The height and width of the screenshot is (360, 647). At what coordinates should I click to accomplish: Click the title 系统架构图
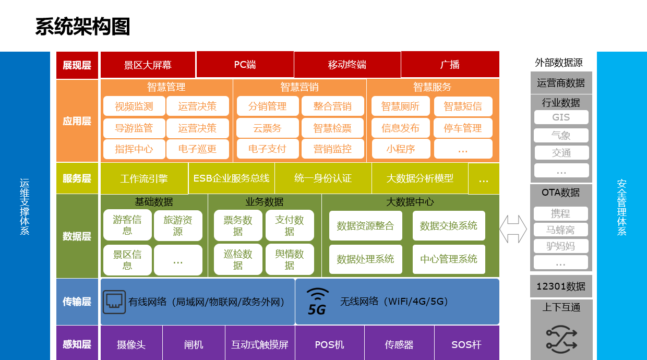coord(82,27)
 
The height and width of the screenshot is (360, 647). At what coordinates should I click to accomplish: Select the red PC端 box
coord(245,64)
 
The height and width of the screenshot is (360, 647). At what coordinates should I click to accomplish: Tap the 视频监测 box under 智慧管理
coord(134,106)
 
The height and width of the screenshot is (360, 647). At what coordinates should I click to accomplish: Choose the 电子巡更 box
coord(198,149)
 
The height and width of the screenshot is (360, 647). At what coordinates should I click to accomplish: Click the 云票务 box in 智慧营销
coord(268,128)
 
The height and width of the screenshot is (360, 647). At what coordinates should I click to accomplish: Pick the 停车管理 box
coord(463,128)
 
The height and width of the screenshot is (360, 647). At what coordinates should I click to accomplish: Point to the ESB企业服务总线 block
coord(231,178)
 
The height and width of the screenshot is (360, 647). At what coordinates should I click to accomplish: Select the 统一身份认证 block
coord(323,178)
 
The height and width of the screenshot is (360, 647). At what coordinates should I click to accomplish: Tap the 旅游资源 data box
coord(178,225)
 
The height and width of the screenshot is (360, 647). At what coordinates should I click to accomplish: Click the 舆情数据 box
coord(290,259)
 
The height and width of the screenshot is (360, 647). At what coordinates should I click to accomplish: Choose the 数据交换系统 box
coord(449,225)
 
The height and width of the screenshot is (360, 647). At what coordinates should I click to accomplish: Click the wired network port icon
coord(114,302)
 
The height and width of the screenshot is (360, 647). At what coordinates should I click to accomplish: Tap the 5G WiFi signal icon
coord(317,302)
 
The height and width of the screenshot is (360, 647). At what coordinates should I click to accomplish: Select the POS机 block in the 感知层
coord(330,344)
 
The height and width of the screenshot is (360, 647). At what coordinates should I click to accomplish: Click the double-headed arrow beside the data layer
coord(513,229)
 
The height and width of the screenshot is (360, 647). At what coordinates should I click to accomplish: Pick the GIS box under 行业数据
coord(561,117)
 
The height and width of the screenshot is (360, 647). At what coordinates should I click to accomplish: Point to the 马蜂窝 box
coord(560,230)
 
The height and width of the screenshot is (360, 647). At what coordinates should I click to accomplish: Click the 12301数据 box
coord(561,286)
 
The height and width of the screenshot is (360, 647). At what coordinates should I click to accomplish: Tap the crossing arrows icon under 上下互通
coord(561,340)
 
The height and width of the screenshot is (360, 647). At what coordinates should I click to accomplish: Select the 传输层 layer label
coord(77,302)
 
